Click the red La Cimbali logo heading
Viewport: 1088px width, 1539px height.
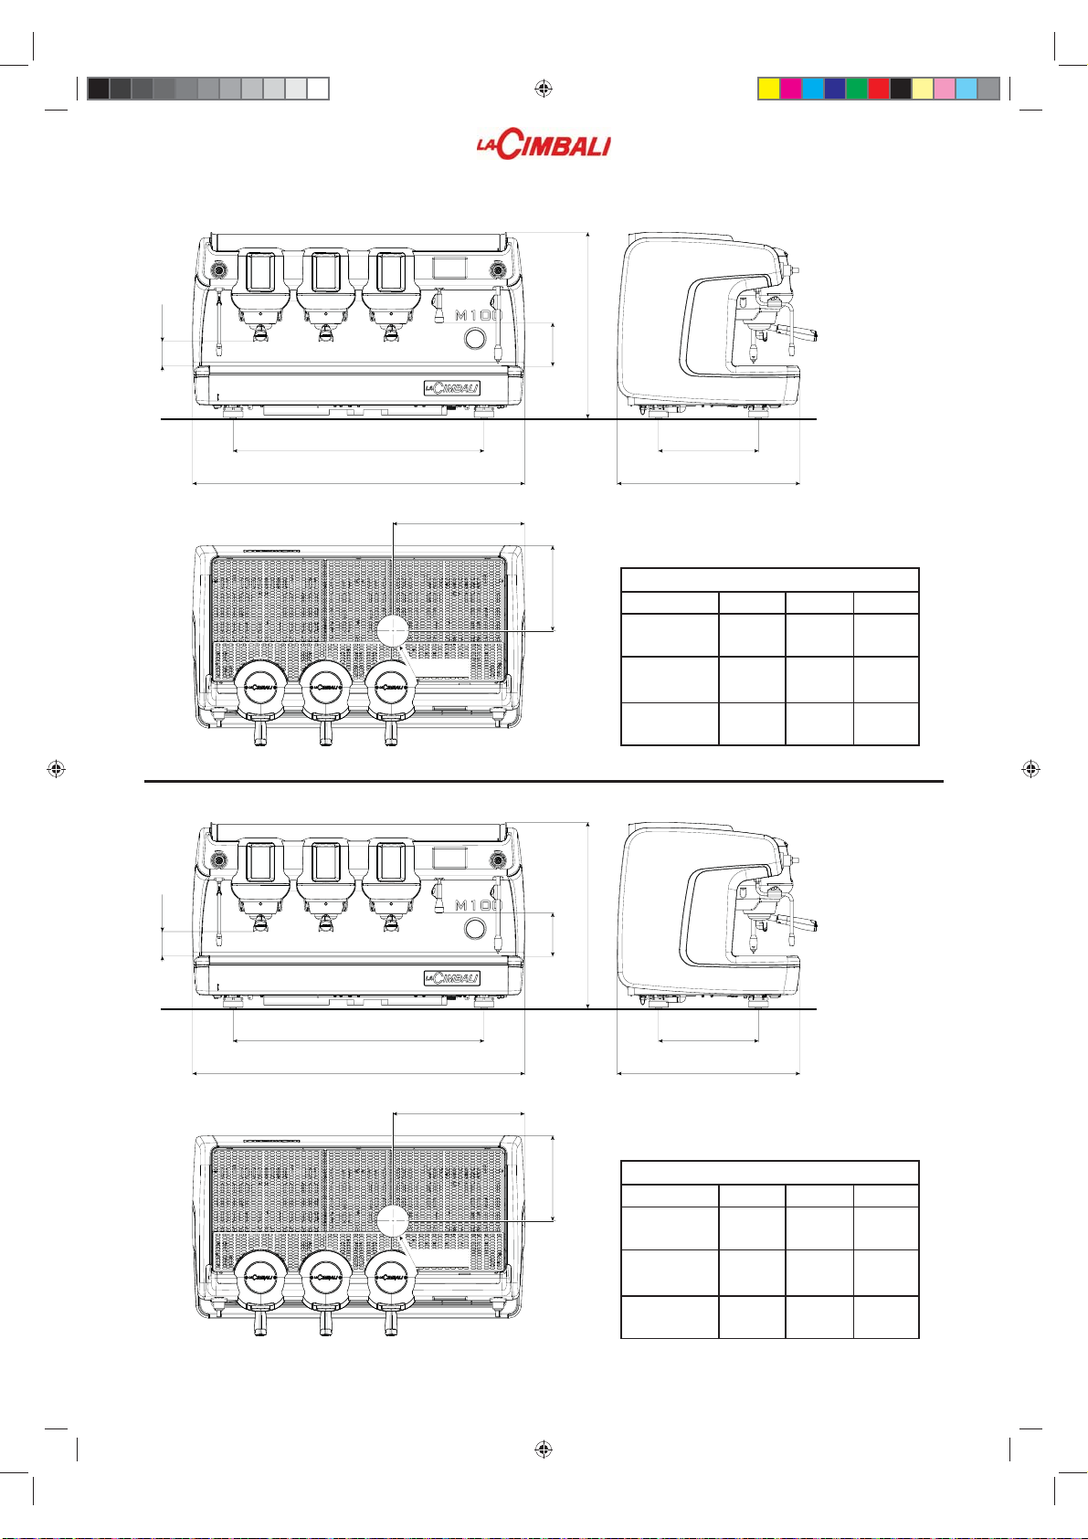[x=543, y=145]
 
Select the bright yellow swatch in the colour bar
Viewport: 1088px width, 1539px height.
[x=769, y=89]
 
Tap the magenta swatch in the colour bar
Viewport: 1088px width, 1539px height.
[x=791, y=89]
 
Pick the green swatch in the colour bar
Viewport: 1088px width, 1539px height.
[x=856, y=89]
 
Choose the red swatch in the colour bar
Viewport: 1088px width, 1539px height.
[x=879, y=89]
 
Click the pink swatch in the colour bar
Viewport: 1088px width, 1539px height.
[x=945, y=89]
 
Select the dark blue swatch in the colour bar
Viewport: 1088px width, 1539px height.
[x=834, y=89]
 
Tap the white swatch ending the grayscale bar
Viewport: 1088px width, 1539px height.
[x=318, y=89]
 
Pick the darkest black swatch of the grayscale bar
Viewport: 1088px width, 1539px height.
[x=99, y=89]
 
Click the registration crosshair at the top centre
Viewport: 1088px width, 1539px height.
[x=543, y=88]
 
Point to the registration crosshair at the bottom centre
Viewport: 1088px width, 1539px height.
[x=543, y=1449]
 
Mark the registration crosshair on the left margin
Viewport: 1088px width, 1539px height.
[x=57, y=769]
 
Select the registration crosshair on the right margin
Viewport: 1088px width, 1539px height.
[x=1030, y=769]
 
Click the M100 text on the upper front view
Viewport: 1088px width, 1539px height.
[x=479, y=315]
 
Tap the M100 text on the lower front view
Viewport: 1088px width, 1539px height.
[x=479, y=905]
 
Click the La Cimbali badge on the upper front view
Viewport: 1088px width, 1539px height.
[x=451, y=388]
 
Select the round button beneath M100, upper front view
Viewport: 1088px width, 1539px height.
[x=474, y=338]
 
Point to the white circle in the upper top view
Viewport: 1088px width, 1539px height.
[x=393, y=630]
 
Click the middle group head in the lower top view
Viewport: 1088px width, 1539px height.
[x=326, y=1277]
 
